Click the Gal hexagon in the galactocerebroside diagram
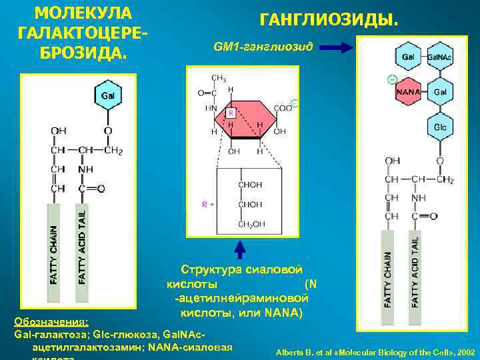[x=107, y=96]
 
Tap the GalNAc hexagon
[x=439, y=57]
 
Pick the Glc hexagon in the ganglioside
[x=439, y=126]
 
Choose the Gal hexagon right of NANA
[x=439, y=91]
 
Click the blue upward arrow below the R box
[x=240, y=250]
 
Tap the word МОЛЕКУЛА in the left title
[x=83, y=13]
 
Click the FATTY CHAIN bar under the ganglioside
[x=387, y=270]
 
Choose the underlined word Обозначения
[x=51, y=321]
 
